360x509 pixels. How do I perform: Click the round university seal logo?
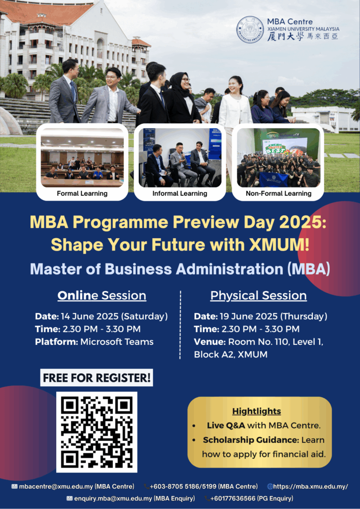(250, 29)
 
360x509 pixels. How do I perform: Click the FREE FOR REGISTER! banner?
(96, 378)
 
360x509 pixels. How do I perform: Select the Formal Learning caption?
(82, 194)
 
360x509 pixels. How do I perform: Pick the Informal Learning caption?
(180, 194)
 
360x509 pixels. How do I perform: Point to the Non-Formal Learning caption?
(278, 194)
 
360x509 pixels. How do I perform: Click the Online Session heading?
(101, 296)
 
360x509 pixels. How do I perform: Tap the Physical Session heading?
(259, 296)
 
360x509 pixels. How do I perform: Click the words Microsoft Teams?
(117, 342)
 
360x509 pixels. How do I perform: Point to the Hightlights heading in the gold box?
(257, 411)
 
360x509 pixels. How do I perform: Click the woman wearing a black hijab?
(182, 97)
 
